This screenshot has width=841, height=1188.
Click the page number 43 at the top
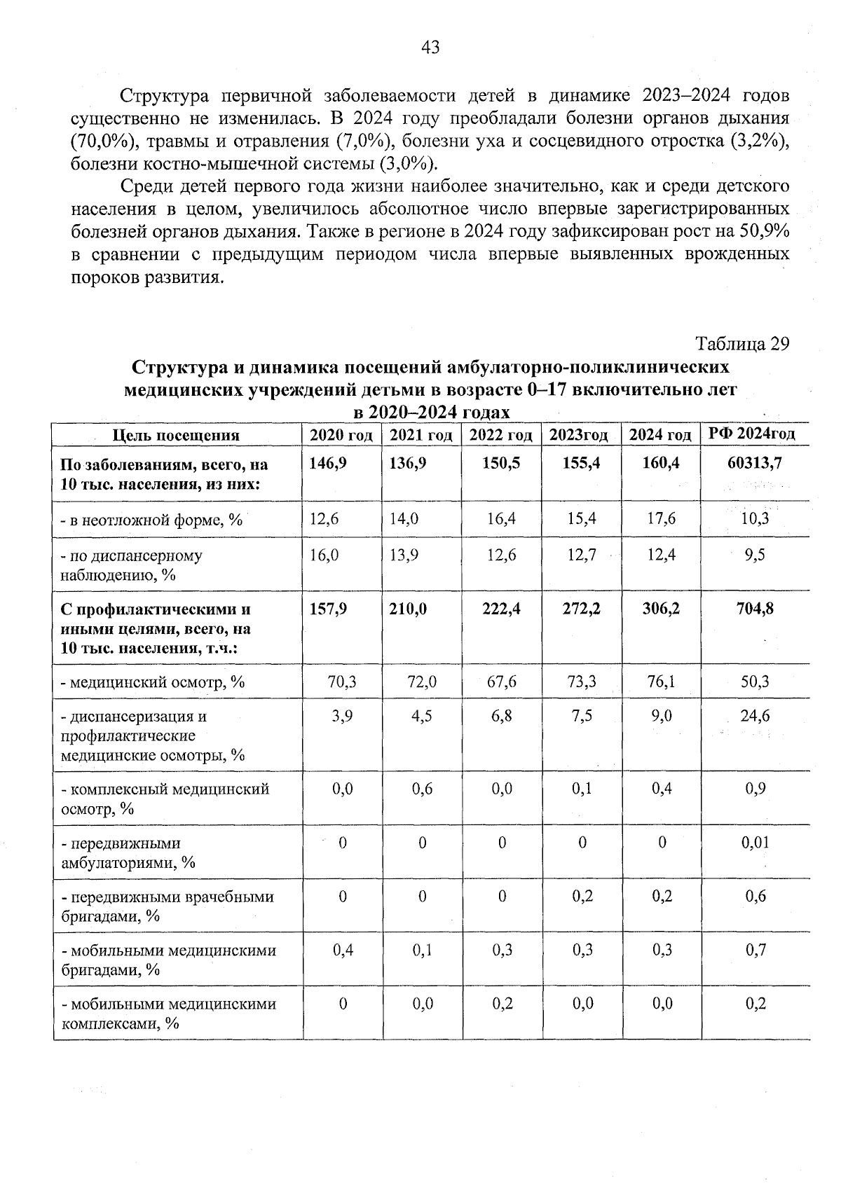point(430,47)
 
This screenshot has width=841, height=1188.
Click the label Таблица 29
point(742,344)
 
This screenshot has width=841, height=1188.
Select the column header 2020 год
point(341,435)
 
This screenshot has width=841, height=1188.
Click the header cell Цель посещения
point(177,436)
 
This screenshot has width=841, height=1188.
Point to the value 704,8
point(755,609)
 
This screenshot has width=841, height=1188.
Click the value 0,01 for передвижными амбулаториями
point(755,843)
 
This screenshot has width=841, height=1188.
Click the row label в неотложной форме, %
point(151,520)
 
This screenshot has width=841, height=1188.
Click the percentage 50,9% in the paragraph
point(760,231)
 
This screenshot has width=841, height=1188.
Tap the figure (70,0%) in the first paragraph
point(103,141)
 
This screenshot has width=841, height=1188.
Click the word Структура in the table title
point(175,367)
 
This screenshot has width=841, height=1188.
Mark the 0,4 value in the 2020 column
point(342,950)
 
